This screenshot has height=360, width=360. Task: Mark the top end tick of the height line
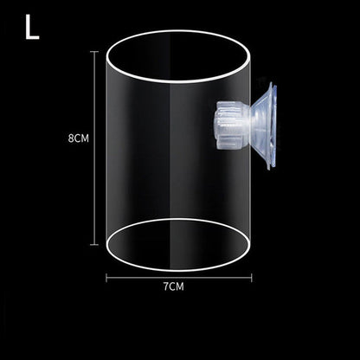pos(93,52)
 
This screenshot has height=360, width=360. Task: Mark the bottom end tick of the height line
pos(93,244)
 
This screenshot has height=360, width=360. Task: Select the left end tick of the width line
pos(106,277)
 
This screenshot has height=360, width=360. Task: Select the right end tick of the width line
pos(251,277)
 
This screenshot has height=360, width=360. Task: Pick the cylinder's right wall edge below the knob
pos(251,199)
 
